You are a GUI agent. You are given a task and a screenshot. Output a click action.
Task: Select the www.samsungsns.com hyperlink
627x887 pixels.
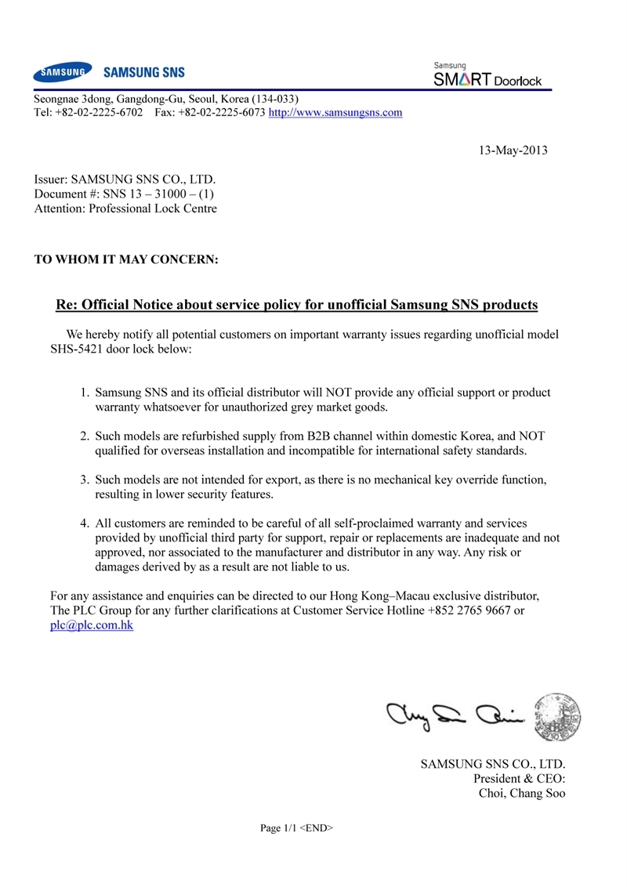(x=335, y=113)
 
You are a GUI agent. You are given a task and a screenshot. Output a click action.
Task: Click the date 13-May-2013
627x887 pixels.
(x=513, y=150)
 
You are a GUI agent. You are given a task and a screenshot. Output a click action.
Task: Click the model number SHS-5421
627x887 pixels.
(x=78, y=347)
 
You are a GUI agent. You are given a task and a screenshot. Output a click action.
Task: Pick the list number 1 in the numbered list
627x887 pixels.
(x=86, y=392)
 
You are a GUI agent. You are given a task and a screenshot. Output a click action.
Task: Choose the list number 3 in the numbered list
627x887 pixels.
(x=86, y=478)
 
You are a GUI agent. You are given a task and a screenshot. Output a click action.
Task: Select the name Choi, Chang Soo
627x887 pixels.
(x=521, y=793)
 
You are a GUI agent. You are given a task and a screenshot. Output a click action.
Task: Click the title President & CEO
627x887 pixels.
(x=520, y=778)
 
